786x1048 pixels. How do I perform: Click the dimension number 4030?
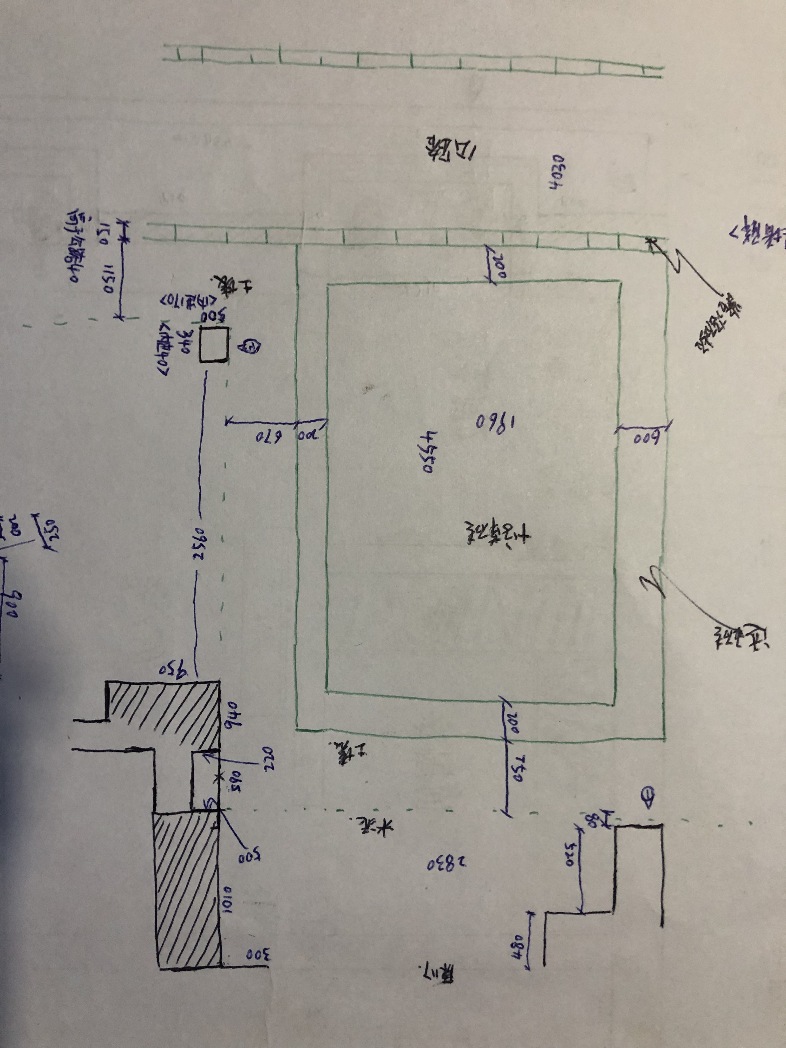pos(555,172)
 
